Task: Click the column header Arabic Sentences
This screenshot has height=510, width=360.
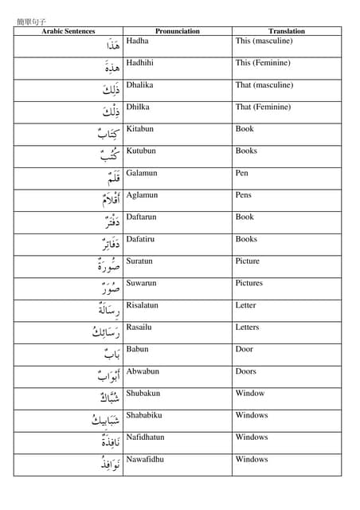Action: point(68,31)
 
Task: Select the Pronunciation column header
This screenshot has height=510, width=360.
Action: point(177,31)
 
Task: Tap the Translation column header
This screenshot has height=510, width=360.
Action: point(287,31)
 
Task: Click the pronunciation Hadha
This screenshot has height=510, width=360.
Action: point(137,41)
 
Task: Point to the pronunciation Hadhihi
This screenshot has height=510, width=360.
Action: point(141,63)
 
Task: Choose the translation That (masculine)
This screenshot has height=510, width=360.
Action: point(264,85)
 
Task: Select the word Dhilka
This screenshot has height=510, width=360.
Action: point(138,107)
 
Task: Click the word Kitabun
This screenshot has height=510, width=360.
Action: point(139,129)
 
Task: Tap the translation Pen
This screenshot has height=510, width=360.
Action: point(242,173)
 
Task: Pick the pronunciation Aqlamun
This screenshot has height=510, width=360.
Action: point(142,195)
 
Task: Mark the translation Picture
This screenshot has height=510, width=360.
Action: point(247,261)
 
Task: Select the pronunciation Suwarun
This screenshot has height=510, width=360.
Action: point(141,283)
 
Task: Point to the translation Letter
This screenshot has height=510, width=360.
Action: point(245,305)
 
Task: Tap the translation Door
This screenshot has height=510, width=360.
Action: point(244,349)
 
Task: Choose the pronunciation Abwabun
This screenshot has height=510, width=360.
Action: point(143,371)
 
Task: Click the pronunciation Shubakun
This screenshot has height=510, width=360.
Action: point(143,393)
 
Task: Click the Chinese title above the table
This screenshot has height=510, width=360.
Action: point(32,22)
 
